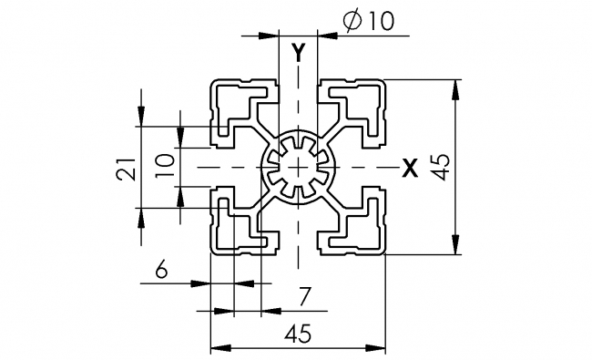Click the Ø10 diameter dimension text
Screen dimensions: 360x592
click(x=372, y=21)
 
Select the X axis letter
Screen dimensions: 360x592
click(x=410, y=167)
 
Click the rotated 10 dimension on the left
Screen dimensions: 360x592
click(x=164, y=165)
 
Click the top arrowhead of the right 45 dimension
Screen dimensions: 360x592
click(x=454, y=87)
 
